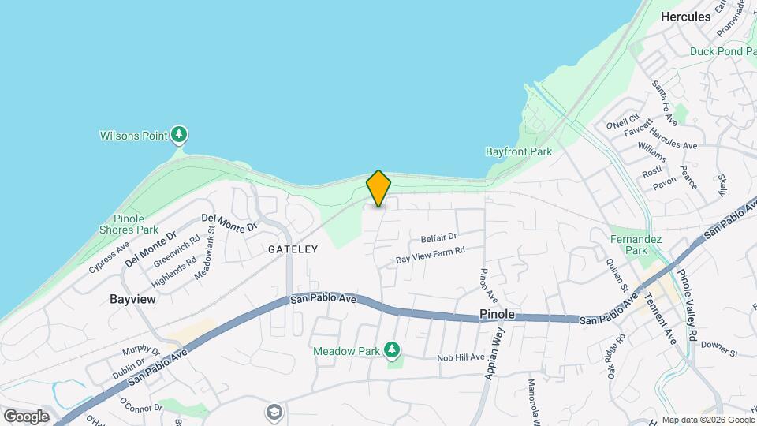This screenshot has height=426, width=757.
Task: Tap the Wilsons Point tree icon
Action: (x=181, y=135)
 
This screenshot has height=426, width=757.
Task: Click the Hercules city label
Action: (x=685, y=16)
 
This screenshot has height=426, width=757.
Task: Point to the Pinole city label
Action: (x=497, y=314)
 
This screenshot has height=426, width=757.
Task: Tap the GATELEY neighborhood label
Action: (x=293, y=248)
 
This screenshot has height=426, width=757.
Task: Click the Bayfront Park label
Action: (x=518, y=151)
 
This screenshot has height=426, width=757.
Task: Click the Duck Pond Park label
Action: (x=722, y=51)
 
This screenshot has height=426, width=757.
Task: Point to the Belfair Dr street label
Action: (x=439, y=237)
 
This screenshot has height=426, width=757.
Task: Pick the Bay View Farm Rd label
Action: (x=431, y=254)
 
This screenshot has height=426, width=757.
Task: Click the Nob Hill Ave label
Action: (x=461, y=357)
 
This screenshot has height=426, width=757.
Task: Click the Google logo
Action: (x=26, y=416)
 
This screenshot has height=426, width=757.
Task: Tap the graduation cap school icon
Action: (x=274, y=412)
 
